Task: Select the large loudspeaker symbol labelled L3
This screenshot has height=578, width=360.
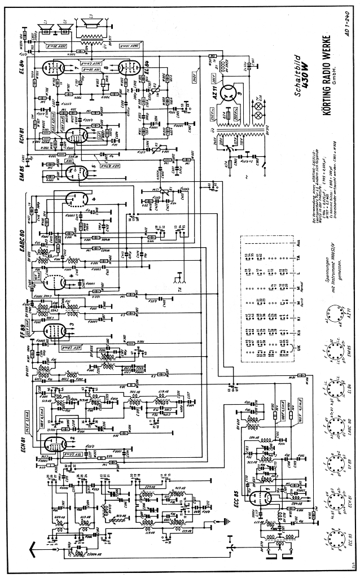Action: (92, 22)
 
